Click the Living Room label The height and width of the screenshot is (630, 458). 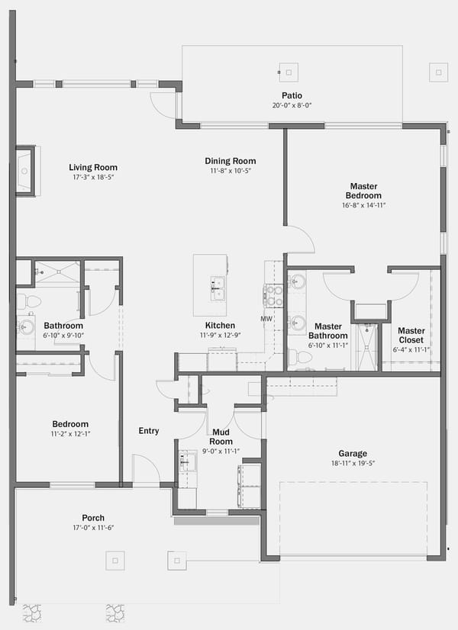click(x=93, y=168)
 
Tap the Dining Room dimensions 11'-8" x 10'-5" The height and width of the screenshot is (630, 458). click(x=231, y=171)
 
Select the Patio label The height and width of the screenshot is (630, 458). click(x=292, y=95)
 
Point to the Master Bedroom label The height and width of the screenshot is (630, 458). click(x=363, y=191)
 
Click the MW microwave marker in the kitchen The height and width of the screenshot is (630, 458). click(x=266, y=319)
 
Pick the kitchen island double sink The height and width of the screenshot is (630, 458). click(x=218, y=288)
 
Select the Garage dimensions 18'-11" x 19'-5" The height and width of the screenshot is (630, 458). click(x=352, y=463)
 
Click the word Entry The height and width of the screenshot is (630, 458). click(x=149, y=431)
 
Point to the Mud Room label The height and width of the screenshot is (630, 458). click(x=221, y=437)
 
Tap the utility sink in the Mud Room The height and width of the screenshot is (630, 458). click(x=187, y=461)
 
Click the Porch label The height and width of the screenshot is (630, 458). click(x=93, y=518)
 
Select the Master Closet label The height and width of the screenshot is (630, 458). click(x=411, y=335)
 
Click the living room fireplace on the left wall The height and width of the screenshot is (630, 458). click(x=26, y=171)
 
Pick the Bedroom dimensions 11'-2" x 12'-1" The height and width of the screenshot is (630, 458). click(x=70, y=434)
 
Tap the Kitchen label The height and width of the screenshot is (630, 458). click(x=220, y=326)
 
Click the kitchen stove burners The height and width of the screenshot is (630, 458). click(x=273, y=296)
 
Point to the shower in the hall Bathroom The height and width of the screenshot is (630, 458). click(x=57, y=273)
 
